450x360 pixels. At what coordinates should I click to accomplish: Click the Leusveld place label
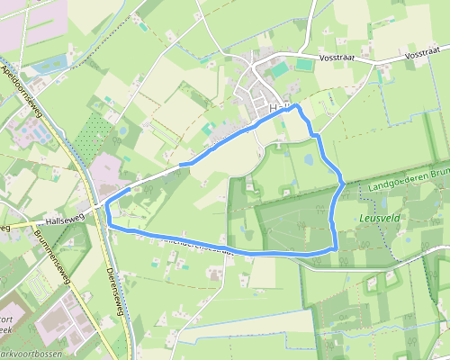click(379, 218)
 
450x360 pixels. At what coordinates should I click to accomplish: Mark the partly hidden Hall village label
click(277, 107)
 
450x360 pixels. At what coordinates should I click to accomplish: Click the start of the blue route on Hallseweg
click(182, 165)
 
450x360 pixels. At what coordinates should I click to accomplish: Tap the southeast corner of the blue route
click(336, 247)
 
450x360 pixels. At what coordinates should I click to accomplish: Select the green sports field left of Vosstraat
click(281, 68)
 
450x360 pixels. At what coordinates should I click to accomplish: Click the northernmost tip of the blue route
click(295, 106)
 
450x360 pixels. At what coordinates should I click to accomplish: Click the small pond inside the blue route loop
click(309, 159)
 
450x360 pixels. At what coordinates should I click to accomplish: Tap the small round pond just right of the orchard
click(122, 131)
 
